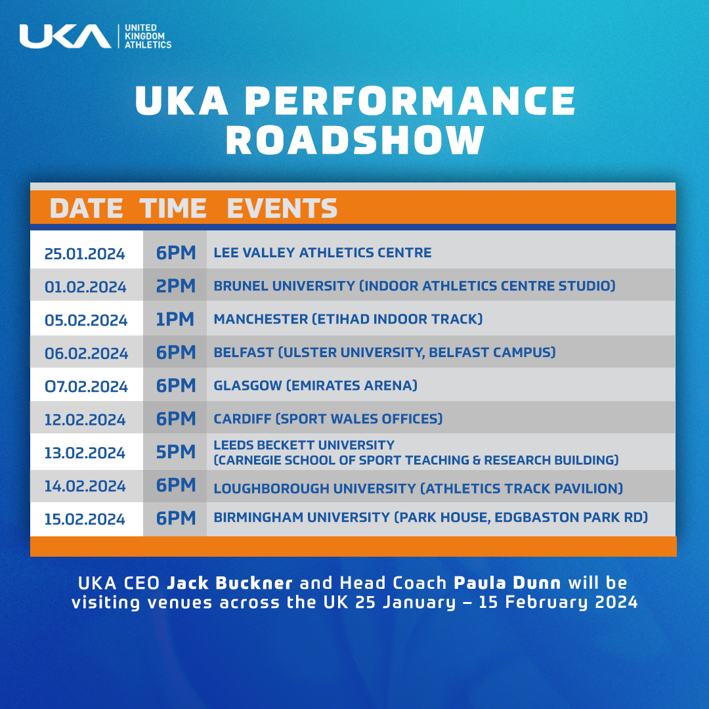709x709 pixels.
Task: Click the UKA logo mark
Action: click(65, 36)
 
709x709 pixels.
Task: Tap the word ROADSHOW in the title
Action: click(355, 140)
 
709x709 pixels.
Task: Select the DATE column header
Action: click(87, 209)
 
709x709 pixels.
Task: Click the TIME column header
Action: click(173, 209)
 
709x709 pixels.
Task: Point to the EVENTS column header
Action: click(282, 209)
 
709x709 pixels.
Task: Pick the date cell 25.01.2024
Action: click(85, 253)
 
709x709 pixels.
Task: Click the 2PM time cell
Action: click(176, 286)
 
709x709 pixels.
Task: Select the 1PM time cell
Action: click(175, 319)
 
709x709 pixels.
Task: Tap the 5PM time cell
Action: click(176, 452)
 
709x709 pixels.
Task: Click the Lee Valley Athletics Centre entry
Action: click(322, 252)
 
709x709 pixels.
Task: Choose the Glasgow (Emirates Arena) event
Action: click(316, 385)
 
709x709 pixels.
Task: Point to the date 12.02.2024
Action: click(85, 419)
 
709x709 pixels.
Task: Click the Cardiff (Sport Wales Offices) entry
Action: click(328, 419)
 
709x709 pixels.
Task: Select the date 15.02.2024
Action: click(85, 519)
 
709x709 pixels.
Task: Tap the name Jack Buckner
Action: click(230, 583)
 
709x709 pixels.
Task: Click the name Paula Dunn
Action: click(507, 583)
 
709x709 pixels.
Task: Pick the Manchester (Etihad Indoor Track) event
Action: click(348, 319)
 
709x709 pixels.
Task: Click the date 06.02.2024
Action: click(87, 353)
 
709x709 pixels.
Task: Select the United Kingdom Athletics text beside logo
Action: click(148, 36)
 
